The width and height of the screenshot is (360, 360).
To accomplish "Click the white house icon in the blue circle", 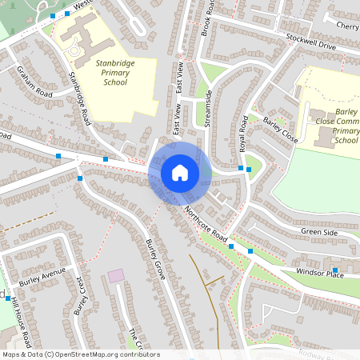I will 180,172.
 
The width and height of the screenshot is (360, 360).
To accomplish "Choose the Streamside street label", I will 208,108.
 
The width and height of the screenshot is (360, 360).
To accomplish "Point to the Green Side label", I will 319,232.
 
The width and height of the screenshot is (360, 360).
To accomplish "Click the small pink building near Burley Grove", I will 117,275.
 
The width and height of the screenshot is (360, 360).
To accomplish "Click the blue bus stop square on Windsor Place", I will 334,270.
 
